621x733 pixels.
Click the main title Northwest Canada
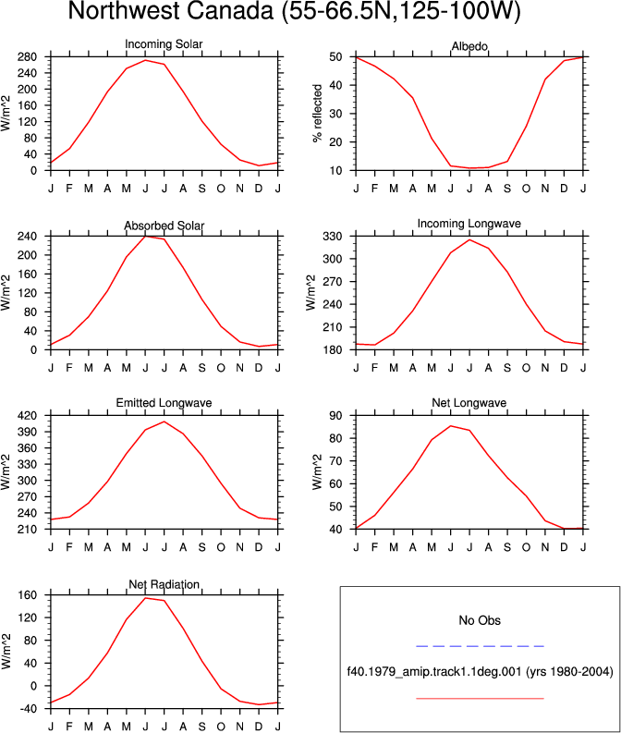(x=294, y=11)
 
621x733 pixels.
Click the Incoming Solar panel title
(x=164, y=44)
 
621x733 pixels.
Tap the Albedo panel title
(x=469, y=46)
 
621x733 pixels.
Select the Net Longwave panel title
(x=469, y=402)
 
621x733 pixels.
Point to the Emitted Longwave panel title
(x=164, y=402)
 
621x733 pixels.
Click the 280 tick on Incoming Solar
(x=27, y=57)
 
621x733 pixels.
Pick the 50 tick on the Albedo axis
(x=336, y=57)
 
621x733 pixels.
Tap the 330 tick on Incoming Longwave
(x=333, y=237)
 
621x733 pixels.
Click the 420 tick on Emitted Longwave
(x=27, y=416)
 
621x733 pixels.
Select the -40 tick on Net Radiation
(x=27, y=709)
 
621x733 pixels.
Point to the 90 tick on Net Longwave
(x=336, y=416)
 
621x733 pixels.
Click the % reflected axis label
(x=318, y=113)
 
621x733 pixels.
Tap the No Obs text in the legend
(x=480, y=620)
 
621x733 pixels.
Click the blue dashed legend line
(x=480, y=646)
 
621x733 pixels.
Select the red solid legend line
(x=480, y=699)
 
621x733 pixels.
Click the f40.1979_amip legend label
(x=480, y=672)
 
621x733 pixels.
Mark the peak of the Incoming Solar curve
(x=145, y=60)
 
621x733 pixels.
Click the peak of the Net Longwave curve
(x=450, y=426)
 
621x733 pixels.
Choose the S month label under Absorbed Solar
(x=201, y=369)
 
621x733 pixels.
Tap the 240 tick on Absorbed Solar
(x=27, y=237)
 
